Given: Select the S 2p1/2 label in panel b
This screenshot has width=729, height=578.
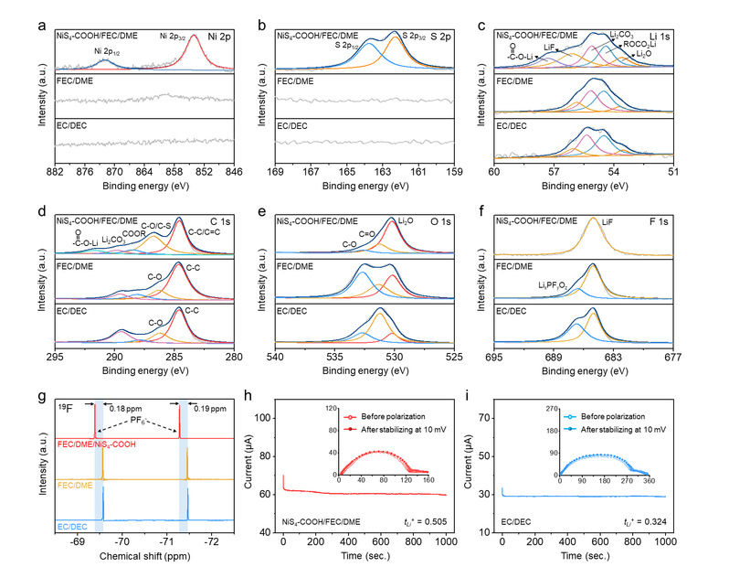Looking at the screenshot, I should (x=347, y=44).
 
